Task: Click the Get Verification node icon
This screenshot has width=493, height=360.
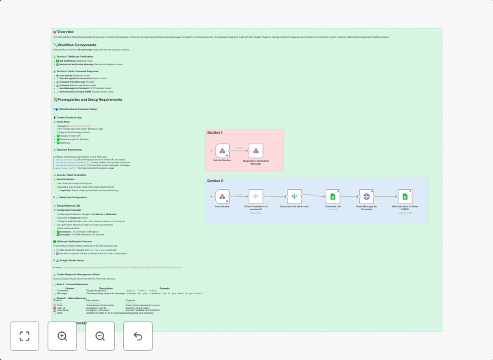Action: coord(222,151)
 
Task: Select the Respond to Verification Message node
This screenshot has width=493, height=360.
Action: coord(256,151)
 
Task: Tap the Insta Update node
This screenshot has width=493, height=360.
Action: coord(222,196)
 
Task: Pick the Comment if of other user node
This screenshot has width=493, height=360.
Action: coord(294,196)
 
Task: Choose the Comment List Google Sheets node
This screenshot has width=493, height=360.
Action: coord(333,196)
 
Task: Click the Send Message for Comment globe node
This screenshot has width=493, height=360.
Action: coord(366,196)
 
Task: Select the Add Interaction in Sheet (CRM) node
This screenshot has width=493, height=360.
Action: coord(405,196)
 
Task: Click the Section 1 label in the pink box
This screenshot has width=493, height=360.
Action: coord(215,132)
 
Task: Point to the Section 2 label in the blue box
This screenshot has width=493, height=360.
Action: coord(215,181)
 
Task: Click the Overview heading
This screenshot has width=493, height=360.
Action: coord(65,32)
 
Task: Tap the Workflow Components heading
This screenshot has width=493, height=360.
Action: coord(77,45)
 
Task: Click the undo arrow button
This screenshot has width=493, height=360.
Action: coord(138,336)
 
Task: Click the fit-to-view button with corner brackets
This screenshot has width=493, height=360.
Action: coord(25,336)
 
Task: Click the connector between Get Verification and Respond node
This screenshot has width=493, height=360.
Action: coord(239,151)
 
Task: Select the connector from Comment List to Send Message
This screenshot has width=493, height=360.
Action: coord(349,196)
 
